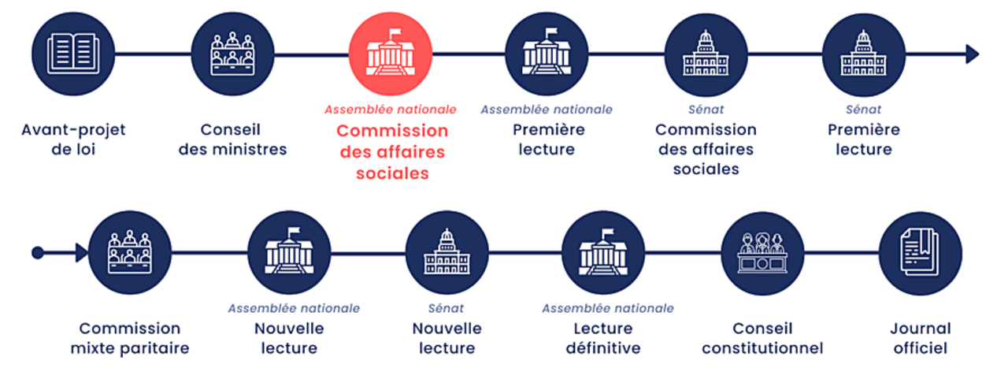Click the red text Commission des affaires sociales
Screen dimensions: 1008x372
392,151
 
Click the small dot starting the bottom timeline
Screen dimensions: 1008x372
37,253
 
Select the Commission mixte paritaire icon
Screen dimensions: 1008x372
130,253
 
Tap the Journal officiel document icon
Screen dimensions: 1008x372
920,253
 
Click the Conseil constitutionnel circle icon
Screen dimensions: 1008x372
762,253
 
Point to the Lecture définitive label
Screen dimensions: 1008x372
603,337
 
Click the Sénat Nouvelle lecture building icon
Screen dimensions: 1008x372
447,253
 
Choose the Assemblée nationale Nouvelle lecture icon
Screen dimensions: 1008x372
288,253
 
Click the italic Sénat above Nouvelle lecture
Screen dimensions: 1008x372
446,308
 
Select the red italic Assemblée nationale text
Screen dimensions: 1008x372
390,110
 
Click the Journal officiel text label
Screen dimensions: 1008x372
920,337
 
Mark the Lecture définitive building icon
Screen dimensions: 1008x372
603,253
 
